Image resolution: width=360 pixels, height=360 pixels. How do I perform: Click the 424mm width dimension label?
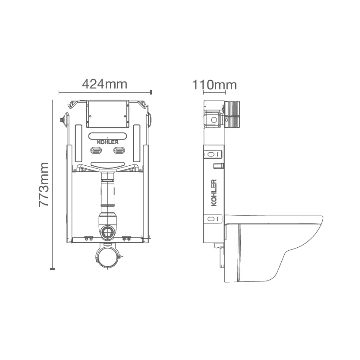(x=105, y=84)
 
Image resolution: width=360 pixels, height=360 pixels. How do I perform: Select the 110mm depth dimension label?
(x=214, y=85)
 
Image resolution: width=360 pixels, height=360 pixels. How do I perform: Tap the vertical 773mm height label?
(x=44, y=184)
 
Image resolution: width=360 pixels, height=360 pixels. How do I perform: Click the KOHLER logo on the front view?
(x=107, y=142)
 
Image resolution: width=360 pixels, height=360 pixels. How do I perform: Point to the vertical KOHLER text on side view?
(x=214, y=193)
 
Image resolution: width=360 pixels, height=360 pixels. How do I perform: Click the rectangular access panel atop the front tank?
(x=107, y=114)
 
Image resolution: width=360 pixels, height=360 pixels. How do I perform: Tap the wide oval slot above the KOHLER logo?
(x=108, y=136)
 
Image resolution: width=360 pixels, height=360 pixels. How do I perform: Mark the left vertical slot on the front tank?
(x=78, y=143)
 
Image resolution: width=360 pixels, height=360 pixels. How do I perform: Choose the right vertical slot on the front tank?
(x=137, y=143)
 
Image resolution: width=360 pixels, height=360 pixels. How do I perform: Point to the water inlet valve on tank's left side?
(x=62, y=119)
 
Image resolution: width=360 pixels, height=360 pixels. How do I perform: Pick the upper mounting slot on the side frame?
(x=213, y=154)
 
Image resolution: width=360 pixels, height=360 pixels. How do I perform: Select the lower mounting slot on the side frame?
(x=213, y=219)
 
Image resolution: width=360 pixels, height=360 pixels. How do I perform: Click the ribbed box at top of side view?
(x=232, y=114)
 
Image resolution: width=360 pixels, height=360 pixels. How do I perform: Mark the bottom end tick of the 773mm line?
(x=52, y=268)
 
